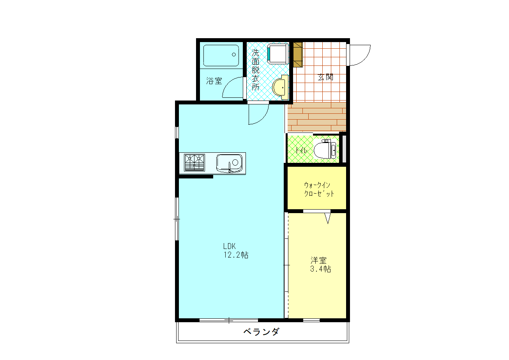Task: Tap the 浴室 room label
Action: (x=214, y=81)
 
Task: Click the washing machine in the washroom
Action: (x=278, y=53)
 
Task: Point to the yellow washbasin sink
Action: (x=280, y=86)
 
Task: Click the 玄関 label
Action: (x=325, y=77)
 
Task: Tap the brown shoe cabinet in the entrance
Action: (x=298, y=55)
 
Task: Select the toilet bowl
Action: (x=324, y=150)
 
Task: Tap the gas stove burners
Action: (x=194, y=162)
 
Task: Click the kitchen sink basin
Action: (x=229, y=163)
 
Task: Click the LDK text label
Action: (x=229, y=246)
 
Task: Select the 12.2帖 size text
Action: (x=235, y=255)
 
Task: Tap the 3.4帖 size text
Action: (x=320, y=269)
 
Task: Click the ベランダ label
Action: (x=261, y=332)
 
